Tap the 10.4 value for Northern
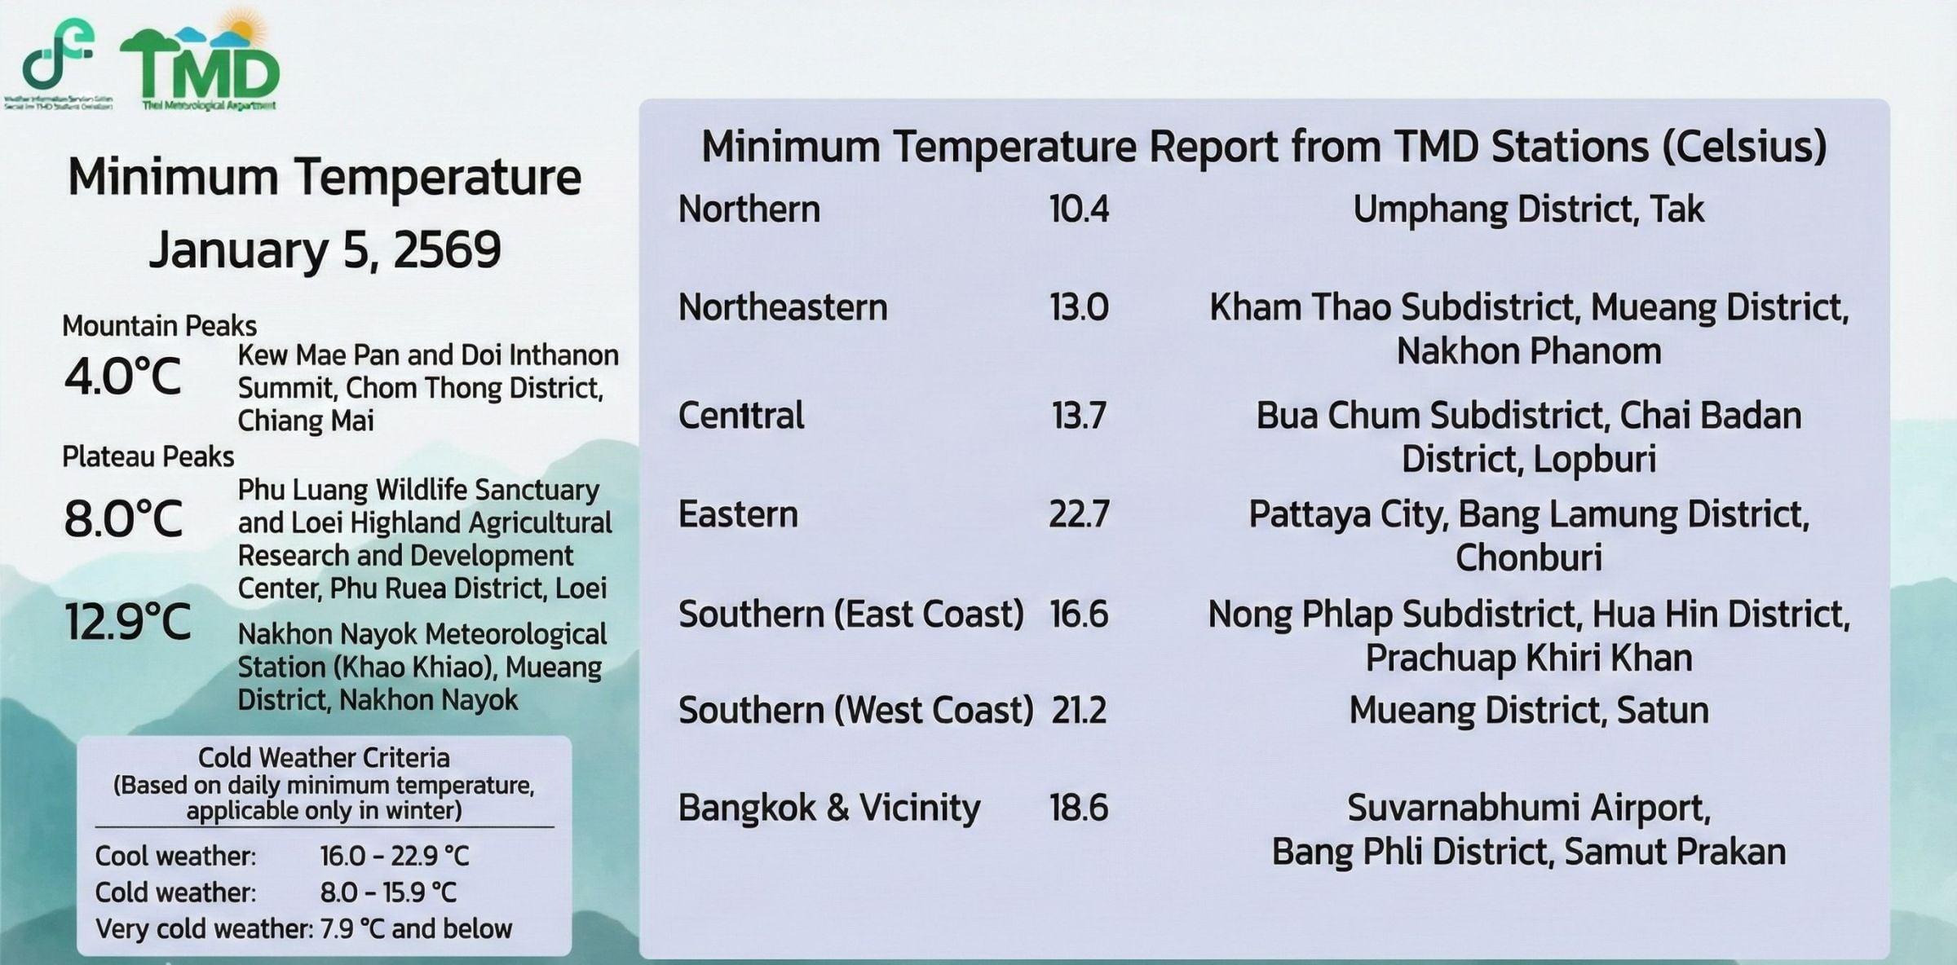pos(1079,209)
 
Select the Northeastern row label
pos(783,307)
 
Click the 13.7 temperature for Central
pos(1079,416)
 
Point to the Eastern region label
pos(738,514)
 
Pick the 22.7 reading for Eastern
pos(1079,514)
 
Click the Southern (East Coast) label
pos(850,614)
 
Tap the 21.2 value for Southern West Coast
pos(1079,710)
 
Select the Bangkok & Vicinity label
pos(829,808)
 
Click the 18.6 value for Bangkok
pos(1079,808)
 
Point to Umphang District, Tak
pos(1528,209)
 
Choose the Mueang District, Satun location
pos(1528,710)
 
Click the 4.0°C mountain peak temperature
pos(122,377)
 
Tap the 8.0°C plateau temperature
pos(123,519)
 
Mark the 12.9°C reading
pos(127,622)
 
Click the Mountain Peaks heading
pos(159,326)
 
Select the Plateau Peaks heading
pos(148,456)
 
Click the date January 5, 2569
pos(325,249)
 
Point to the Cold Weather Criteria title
pos(324,758)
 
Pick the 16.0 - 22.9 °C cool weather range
pos(395,856)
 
